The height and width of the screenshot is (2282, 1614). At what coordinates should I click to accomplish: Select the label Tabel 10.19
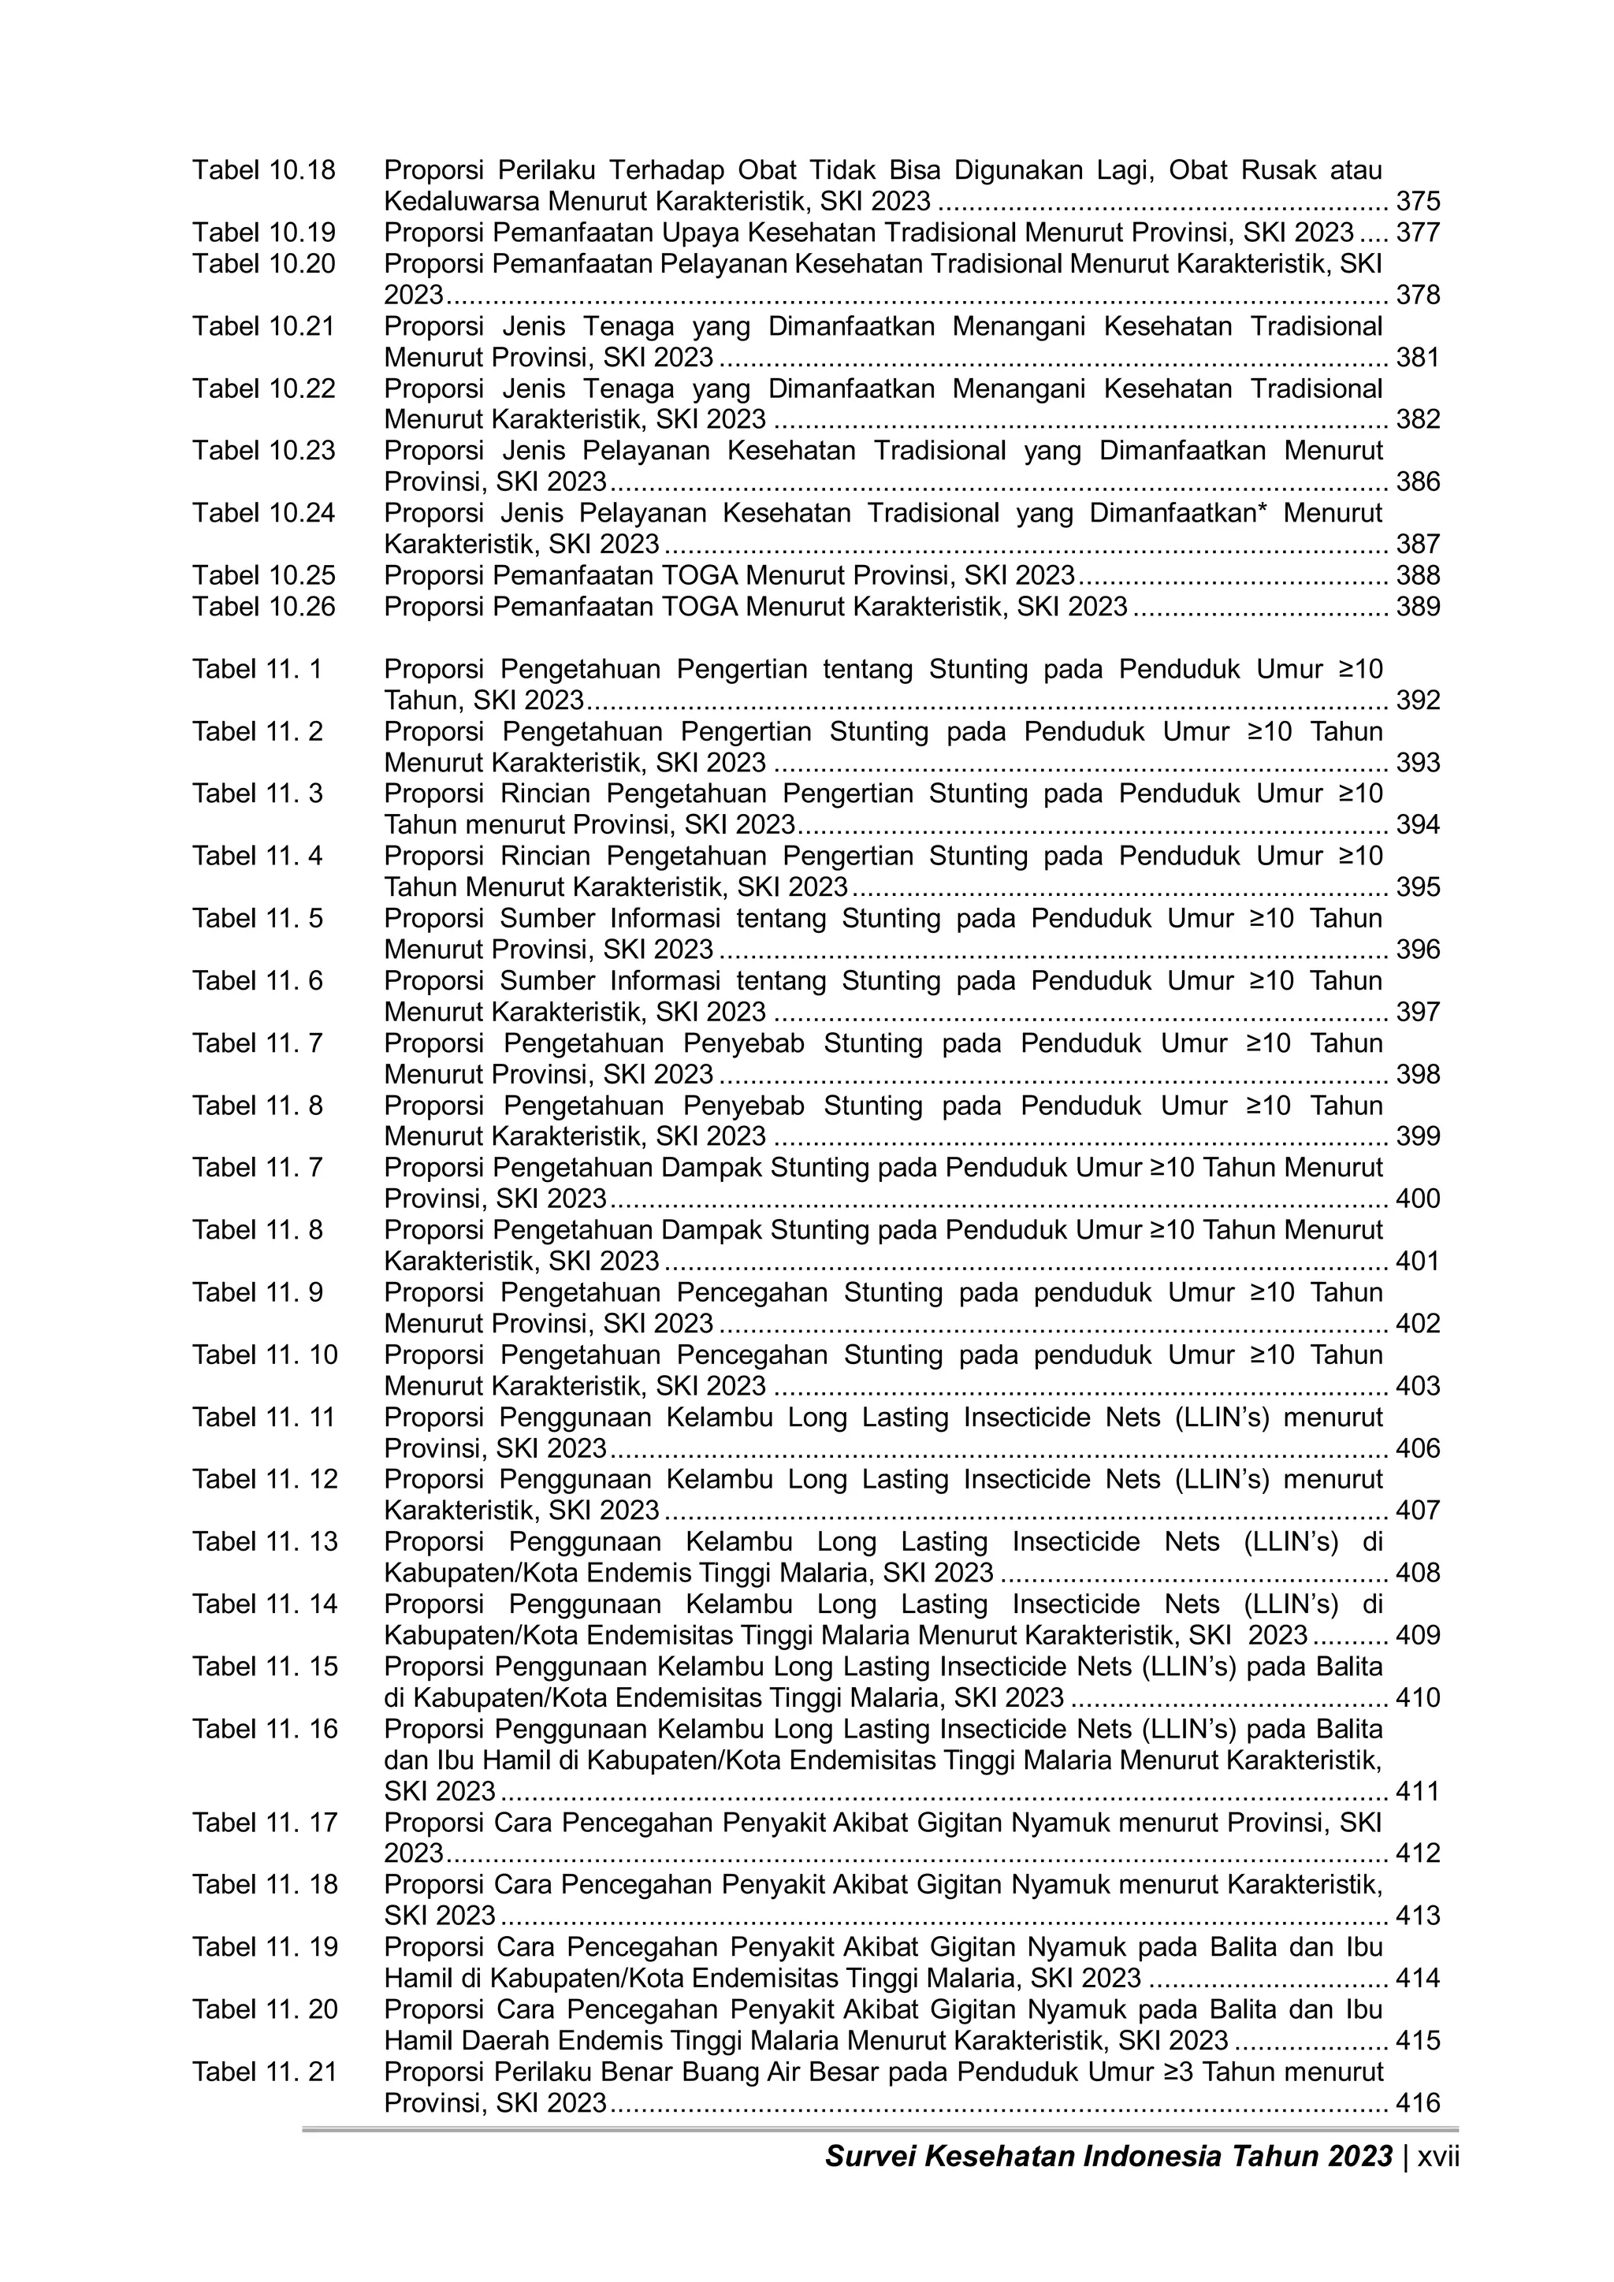264,232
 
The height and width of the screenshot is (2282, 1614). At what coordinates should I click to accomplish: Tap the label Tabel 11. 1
258,669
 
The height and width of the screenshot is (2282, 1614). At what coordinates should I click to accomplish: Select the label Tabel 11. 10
264,1355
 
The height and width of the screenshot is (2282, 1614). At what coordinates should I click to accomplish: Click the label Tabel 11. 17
264,1823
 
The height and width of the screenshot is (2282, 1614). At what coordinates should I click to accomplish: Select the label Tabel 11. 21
264,2072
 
